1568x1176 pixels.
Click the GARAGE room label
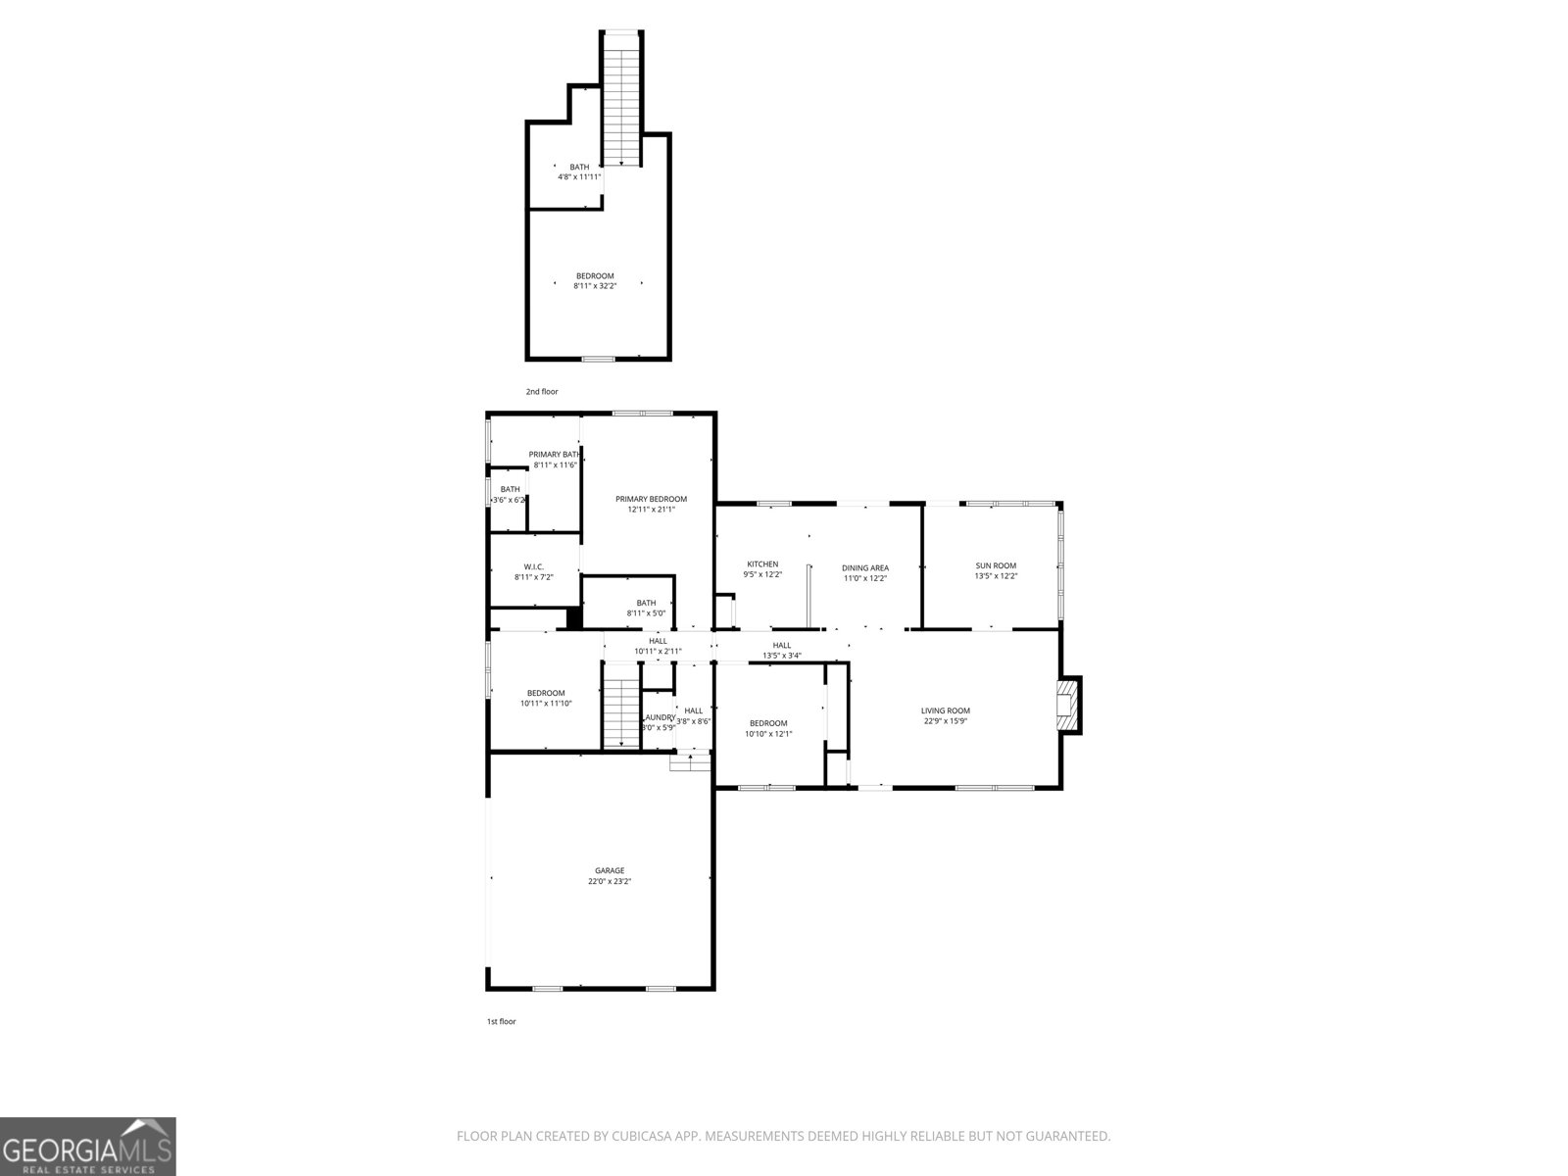[x=609, y=870]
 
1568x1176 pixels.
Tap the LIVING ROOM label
[x=945, y=710]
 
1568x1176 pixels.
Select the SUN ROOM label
[x=996, y=565]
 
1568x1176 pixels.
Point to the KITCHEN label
[x=762, y=563]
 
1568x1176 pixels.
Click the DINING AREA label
[x=865, y=567]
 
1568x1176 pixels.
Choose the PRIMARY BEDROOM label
[x=651, y=499]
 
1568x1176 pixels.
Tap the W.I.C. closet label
[x=533, y=566]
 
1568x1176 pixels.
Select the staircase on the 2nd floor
[x=620, y=98]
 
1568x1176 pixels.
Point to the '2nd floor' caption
[x=542, y=392]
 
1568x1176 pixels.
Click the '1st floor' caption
[x=501, y=1021]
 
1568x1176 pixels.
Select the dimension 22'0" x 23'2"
[x=609, y=882]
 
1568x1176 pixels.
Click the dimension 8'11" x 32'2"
[x=595, y=286]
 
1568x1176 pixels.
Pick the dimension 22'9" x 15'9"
[x=945, y=721]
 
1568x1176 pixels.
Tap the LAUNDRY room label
[x=660, y=717]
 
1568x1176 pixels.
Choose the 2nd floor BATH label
[x=579, y=167]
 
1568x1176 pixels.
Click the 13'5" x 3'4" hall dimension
[x=782, y=656]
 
